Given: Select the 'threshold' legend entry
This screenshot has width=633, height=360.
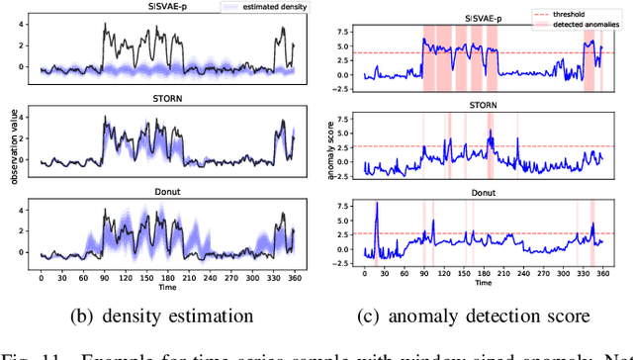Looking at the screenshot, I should pyautogui.click(x=576, y=16).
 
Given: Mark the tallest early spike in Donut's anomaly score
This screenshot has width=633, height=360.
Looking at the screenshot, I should pyautogui.click(x=377, y=204).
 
